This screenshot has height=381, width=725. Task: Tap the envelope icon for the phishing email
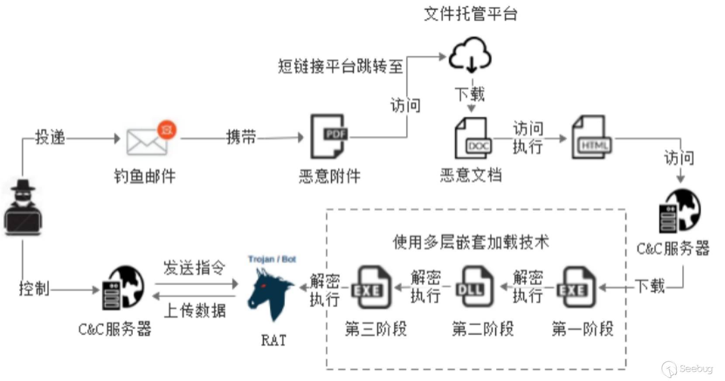coord(147,141)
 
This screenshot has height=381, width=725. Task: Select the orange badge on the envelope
coord(167,130)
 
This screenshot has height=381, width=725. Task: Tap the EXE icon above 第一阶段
coord(576,288)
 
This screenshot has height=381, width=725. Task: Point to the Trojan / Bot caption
coord(272,259)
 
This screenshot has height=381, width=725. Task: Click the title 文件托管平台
coord(470,14)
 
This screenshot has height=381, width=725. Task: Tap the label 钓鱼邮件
coord(145,176)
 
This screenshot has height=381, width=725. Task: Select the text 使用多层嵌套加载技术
coord(471,242)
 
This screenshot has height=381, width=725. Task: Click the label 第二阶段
coord(483,329)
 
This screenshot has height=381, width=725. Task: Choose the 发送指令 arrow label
coord(194,267)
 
